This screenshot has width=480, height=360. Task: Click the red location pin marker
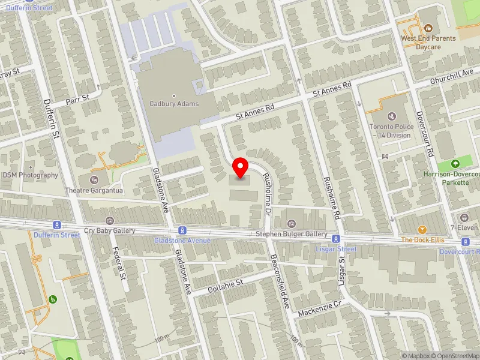[241, 168]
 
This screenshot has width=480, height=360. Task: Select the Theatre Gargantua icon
[94, 179]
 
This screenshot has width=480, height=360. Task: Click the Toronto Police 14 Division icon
[392, 115]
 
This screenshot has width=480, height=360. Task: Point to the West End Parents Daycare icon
[428, 28]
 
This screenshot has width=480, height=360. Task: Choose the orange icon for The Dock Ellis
[422, 229]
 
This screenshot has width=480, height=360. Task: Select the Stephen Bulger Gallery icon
[292, 224]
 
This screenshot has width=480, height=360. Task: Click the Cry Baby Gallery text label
[109, 230]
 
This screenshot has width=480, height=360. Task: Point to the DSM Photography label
[31, 175]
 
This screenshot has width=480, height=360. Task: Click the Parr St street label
[77, 96]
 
